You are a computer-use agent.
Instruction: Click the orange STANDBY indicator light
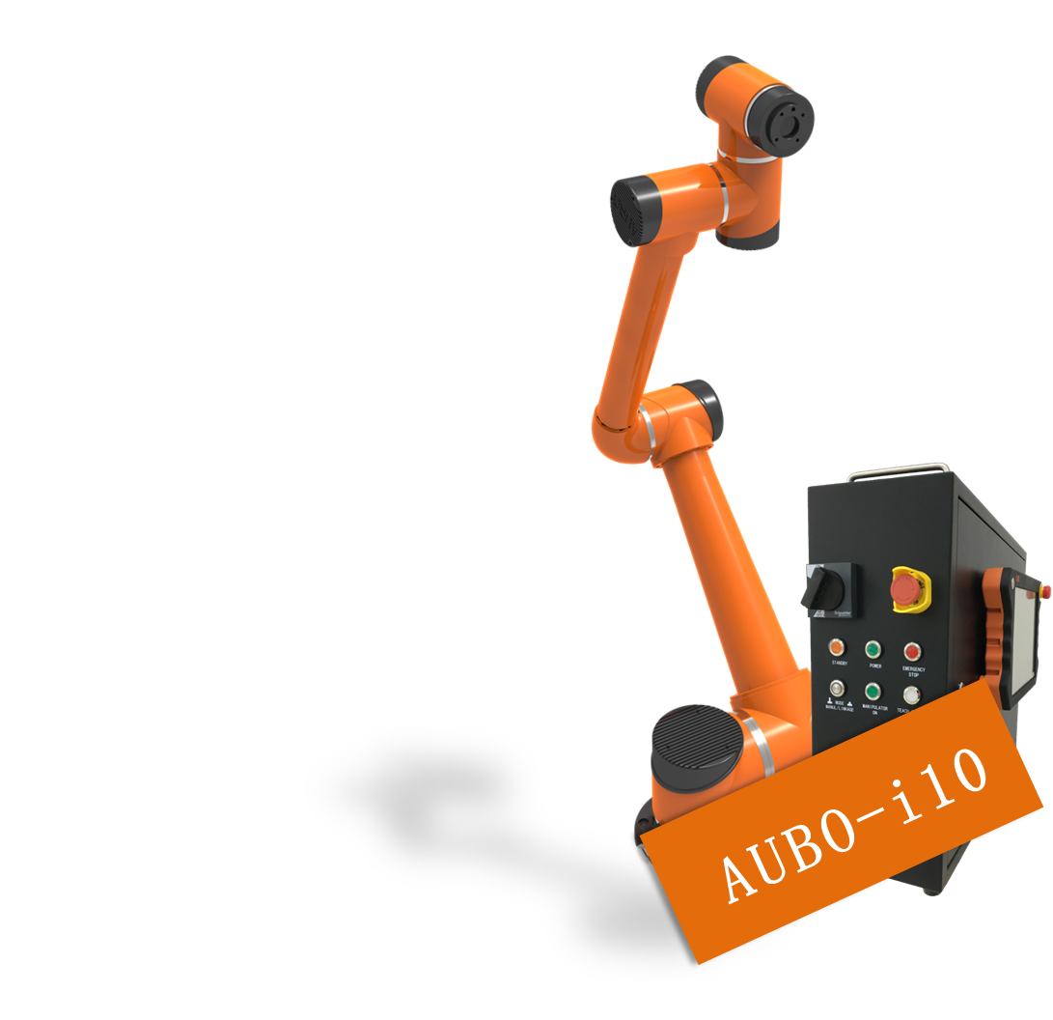pos(837,648)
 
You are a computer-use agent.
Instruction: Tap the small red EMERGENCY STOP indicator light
pos(911,650)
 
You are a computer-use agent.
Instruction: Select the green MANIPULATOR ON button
pos(873,692)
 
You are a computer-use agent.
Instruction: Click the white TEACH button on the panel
pos(910,694)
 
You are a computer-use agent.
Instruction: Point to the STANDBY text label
pos(837,665)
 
